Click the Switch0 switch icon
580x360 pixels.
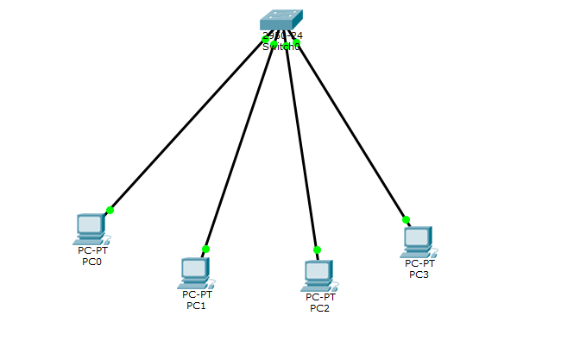pos(281,22)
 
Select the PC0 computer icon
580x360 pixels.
pos(90,228)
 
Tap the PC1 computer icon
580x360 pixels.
pos(194,272)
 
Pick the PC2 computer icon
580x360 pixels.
pos(318,274)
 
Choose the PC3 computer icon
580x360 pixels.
pos(416,241)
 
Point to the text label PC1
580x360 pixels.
pos(196,305)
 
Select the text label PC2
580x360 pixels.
pos(319,307)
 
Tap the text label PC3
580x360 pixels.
pos(419,274)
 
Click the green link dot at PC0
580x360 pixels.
pos(110,210)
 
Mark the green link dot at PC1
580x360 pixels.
pos(205,249)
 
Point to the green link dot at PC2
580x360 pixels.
pos(317,249)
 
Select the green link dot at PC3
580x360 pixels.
pos(406,219)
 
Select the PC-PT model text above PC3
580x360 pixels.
pos(419,263)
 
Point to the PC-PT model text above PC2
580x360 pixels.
pos(320,297)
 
